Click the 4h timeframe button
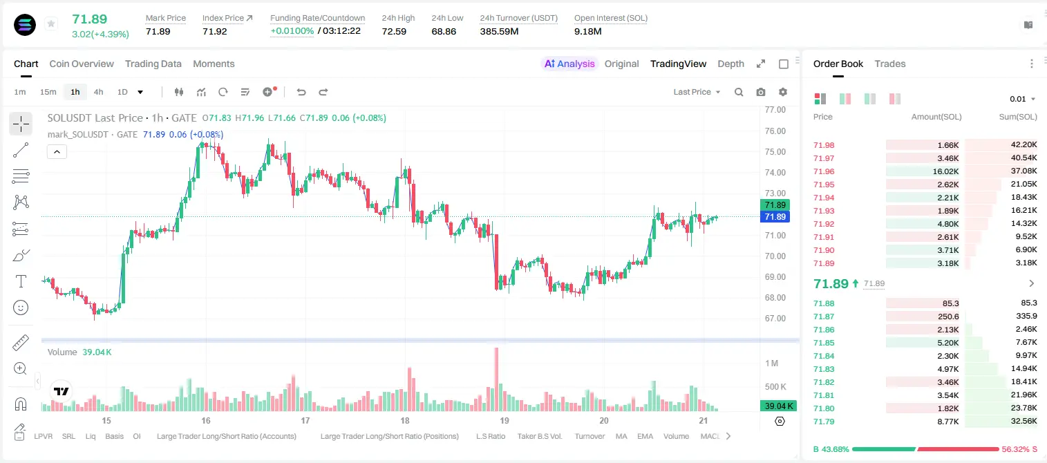[x=98, y=92]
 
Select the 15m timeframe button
[x=48, y=92]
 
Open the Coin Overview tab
[x=82, y=64]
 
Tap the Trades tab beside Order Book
[x=890, y=64]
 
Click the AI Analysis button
[x=569, y=64]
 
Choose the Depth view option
[x=731, y=64]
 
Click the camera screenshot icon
[x=761, y=92]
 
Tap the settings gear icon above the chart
[x=783, y=92]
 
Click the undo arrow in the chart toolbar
[x=301, y=92]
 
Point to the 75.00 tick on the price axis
[x=775, y=152]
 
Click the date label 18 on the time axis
[x=405, y=420]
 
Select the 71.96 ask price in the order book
[x=824, y=171]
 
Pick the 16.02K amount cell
[x=945, y=171]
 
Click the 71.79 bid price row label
[x=824, y=422]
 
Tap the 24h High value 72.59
[x=394, y=31]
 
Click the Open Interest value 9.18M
[x=588, y=31]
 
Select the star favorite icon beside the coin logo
[x=51, y=23]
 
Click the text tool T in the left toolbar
[x=21, y=281]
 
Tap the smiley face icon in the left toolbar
[x=21, y=308]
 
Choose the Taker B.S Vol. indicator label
[x=540, y=436]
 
